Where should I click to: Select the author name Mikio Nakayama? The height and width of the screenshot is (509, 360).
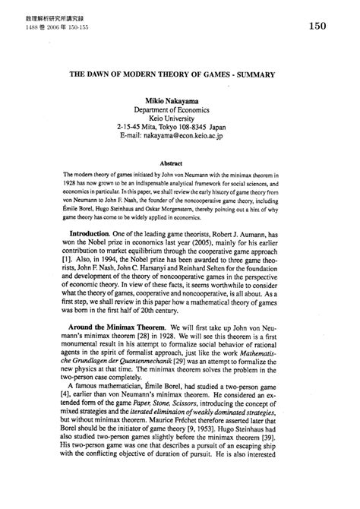pos(179,101)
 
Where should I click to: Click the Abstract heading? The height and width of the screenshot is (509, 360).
pos(179,162)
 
